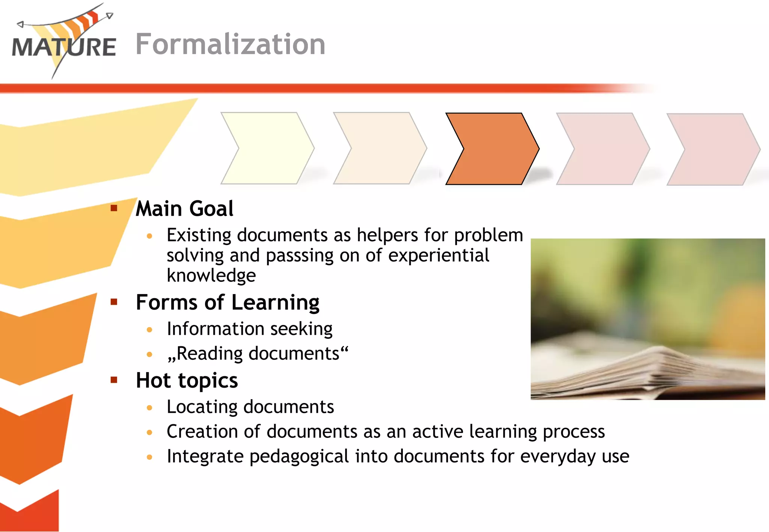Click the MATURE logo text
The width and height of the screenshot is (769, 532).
pos(64,47)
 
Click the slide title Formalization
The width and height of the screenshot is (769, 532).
pos(230,44)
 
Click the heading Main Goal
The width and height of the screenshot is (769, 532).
pos(184,209)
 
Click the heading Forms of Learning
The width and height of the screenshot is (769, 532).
pos(228,302)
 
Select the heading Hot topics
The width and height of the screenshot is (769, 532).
pos(187,380)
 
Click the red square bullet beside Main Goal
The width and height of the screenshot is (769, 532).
pos(114,208)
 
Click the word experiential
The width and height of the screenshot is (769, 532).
pos(438,255)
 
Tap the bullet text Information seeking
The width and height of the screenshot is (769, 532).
pos(250,329)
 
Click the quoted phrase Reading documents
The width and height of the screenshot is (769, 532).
pos(258,354)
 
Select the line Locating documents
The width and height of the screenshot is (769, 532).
pos(250,407)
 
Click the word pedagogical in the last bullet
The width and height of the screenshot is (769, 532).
pos(299,457)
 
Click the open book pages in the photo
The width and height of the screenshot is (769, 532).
pos(646,371)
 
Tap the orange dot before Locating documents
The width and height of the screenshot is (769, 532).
pos(149,408)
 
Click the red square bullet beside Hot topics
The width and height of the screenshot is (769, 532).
pos(114,380)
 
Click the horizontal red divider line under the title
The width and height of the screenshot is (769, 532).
pos(300,89)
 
